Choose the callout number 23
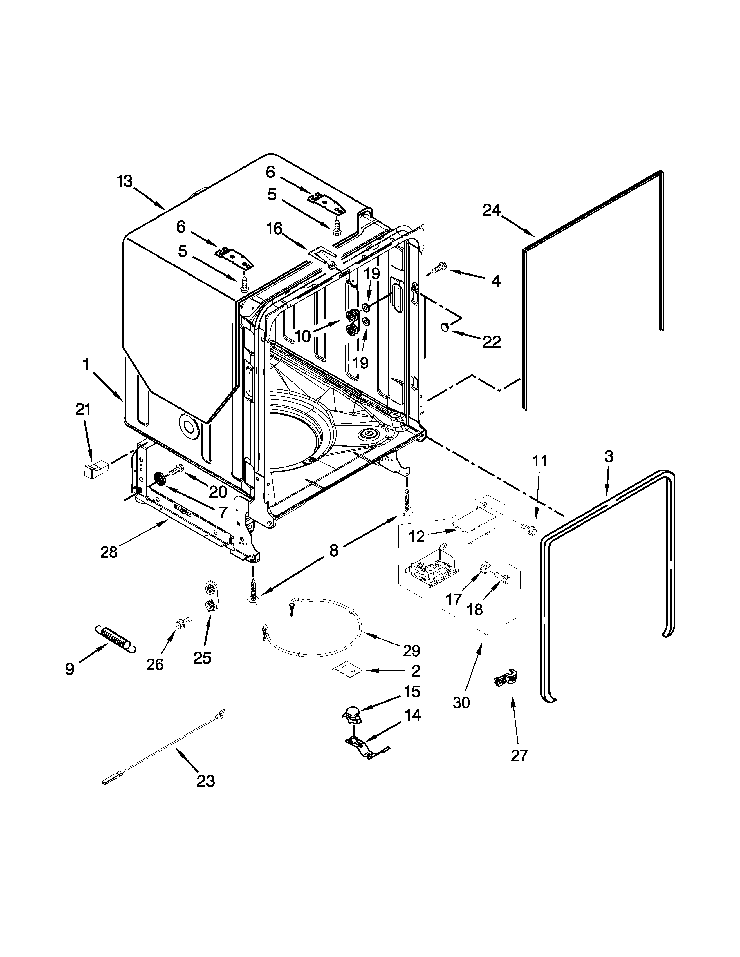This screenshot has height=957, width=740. point(206,781)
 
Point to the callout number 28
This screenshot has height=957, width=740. point(109,552)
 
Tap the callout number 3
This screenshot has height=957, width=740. point(609,456)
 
